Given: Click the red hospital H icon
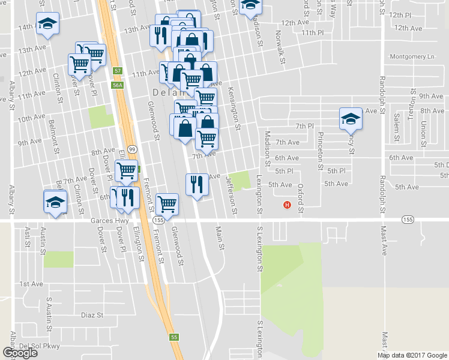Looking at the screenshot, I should pos(287,206).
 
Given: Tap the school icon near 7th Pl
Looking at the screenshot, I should pos(350,118).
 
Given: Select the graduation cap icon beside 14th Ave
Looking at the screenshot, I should pos(47,23).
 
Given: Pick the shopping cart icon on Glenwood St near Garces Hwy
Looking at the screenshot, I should pos(167,203).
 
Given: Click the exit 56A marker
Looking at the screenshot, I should pos(118,85).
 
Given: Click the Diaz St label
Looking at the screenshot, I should pos(92,314).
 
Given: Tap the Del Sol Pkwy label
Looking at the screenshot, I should pos(37,346).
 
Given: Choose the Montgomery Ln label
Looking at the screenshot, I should pos(412,56).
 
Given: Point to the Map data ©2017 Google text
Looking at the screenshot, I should pos(411,355).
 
